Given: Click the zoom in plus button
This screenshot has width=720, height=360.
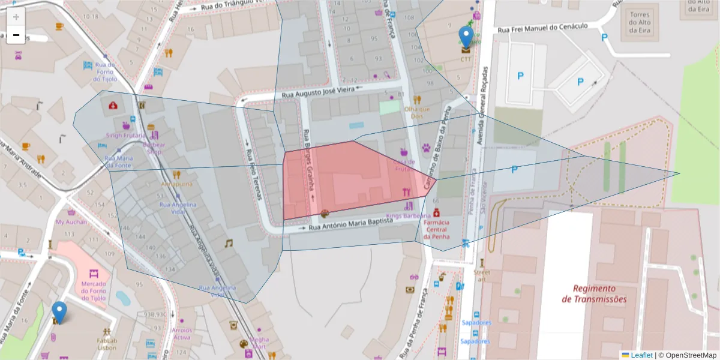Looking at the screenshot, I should (16, 17).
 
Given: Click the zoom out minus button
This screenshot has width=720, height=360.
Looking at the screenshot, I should (16, 35).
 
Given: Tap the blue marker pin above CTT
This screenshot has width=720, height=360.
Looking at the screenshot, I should (466, 37).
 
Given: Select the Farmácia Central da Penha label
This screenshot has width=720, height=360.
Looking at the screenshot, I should (436, 229).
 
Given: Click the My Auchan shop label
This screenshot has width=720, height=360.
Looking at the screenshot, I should (71, 222).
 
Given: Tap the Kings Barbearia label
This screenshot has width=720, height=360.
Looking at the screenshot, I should (408, 215).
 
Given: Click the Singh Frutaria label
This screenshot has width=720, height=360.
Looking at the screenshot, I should (125, 136).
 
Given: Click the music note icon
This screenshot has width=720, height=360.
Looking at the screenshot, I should (228, 243).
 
